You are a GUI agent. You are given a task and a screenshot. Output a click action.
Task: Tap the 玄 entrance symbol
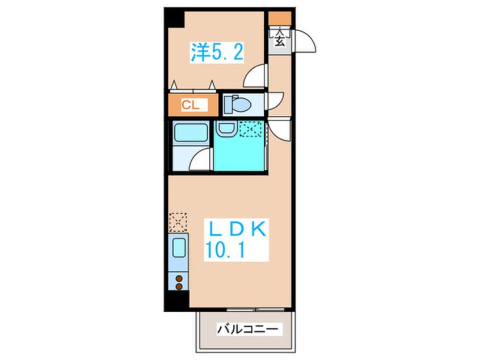coord(280,40)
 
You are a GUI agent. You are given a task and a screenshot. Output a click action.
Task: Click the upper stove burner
coord(179,278)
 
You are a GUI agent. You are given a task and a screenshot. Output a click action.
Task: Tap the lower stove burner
coord(179,287)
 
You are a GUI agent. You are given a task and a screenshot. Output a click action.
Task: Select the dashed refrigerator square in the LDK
coord(178,221)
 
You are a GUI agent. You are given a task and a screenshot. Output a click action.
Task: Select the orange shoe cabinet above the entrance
coord(280,18)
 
